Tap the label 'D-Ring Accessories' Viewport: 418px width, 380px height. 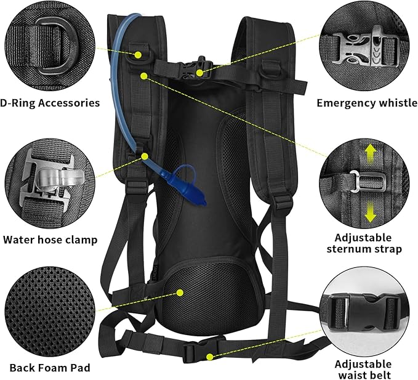point(50,103)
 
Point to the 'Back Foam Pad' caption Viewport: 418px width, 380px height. point(49,368)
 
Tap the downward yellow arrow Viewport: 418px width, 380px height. point(370,212)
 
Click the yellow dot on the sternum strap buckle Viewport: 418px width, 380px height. point(201,72)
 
